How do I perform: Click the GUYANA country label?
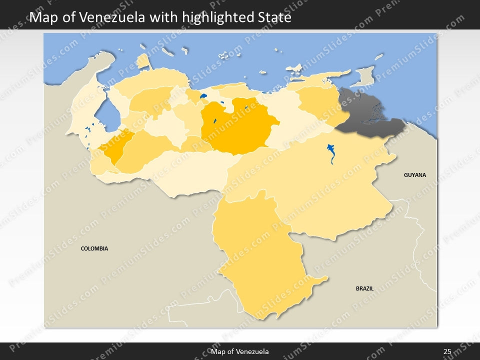pyautogui.click(x=415, y=175)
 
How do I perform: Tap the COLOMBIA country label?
pyautogui.click(x=94, y=248)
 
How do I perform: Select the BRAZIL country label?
pyautogui.click(x=364, y=288)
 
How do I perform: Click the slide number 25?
pyautogui.click(x=447, y=352)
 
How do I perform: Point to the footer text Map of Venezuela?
pyautogui.click(x=240, y=352)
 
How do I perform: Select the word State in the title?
pyautogui.click(x=274, y=17)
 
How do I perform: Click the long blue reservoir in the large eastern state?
pyautogui.click(x=331, y=153)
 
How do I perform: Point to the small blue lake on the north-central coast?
pyautogui.click(x=203, y=96)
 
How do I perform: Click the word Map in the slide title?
pyautogui.click(x=41, y=17)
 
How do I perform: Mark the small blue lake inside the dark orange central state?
pyautogui.click(x=214, y=121)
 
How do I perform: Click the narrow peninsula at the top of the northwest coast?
pyautogui.click(x=143, y=61)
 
